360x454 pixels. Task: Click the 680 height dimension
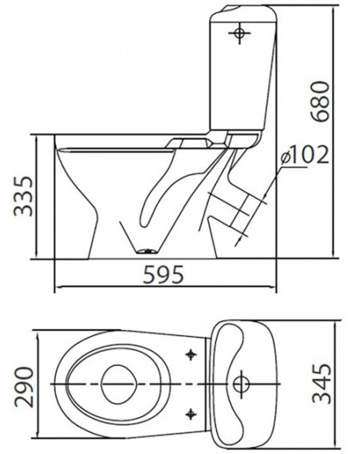(x=320, y=101)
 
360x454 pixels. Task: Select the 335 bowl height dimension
(x=23, y=196)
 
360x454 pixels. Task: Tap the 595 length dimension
(x=164, y=274)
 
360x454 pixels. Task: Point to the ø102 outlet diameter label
(x=306, y=154)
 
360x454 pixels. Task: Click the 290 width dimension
(x=24, y=387)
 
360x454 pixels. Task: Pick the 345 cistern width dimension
(x=321, y=384)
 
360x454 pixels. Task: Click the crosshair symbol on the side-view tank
(x=239, y=34)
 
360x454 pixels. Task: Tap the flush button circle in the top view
(x=241, y=384)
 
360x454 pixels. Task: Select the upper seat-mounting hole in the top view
(x=190, y=354)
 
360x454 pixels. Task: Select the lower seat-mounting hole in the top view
(x=190, y=414)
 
